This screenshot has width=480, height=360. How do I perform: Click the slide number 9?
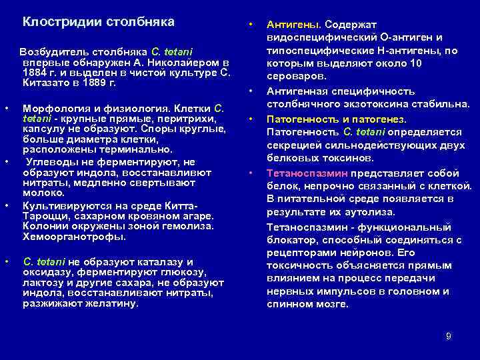(449, 336)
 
